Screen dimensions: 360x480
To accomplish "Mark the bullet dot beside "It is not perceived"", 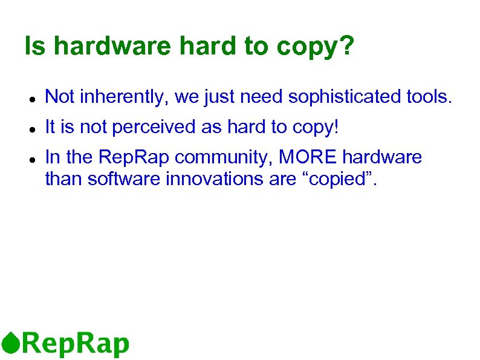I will pos(31,128).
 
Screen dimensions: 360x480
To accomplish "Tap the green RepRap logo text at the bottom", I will pos(76,344).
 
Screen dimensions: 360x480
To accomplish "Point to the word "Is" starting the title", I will pos(34,47).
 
